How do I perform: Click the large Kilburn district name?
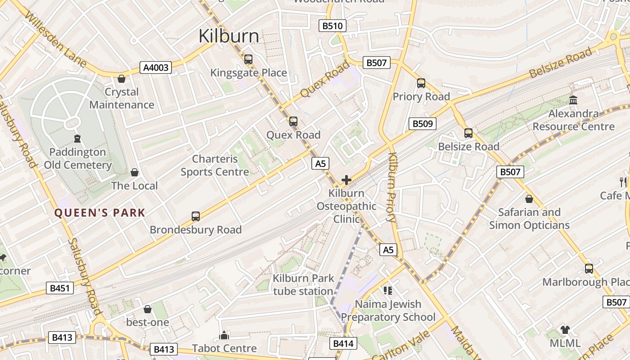click(x=229, y=36)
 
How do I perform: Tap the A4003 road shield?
click(x=156, y=68)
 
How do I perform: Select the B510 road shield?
click(x=333, y=26)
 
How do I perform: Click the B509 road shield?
click(x=422, y=124)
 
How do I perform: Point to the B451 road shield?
click(x=59, y=288)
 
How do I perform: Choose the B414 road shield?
click(x=345, y=344)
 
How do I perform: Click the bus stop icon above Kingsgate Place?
click(x=248, y=59)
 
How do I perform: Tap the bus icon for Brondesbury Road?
click(x=196, y=216)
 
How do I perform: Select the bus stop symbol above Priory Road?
click(x=421, y=83)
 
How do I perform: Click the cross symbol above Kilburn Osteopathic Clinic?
click(x=346, y=180)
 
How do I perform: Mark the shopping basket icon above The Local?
click(x=134, y=172)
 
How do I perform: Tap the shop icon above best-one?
click(x=147, y=309)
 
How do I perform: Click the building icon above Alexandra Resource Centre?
click(x=573, y=100)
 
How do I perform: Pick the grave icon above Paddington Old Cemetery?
click(x=77, y=139)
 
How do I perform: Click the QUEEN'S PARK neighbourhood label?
click(x=100, y=213)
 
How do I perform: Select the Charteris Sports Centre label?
click(x=215, y=165)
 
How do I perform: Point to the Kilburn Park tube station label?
click(x=303, y=284)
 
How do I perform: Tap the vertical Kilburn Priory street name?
click(x=391, y=188)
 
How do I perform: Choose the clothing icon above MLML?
click(x=565, y=330)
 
